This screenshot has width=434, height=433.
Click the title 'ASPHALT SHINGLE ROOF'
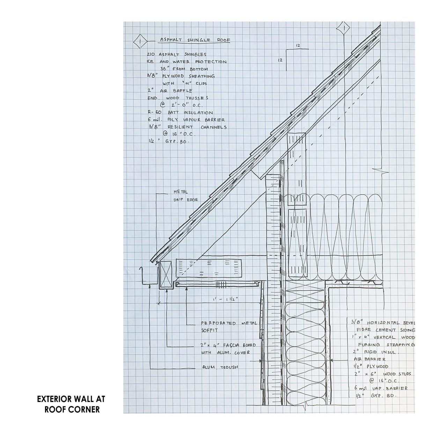[x=195, y=40]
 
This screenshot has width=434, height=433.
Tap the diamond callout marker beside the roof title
[x=139, y=42]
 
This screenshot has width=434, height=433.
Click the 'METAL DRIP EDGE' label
[x=185, y=196]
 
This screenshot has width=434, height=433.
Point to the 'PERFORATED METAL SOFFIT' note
[x=229, y=326]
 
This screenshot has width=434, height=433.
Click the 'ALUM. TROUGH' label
[x=220, y=367]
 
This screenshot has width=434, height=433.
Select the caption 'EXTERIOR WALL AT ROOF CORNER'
[x=71, y=404]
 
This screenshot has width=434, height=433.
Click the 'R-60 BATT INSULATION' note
[x=180, y=112]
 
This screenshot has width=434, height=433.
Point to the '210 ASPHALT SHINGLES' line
[x=177, y=54]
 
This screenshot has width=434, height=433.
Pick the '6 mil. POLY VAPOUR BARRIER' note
[x=186, y=120]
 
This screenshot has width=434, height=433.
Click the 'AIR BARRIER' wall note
[x=369, y=359]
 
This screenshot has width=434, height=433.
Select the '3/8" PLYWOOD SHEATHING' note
[x=181, y=76]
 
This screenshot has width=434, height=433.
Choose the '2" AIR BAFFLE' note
[x=170, y=91]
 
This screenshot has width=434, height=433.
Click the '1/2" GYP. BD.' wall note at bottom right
[x=375, y=396]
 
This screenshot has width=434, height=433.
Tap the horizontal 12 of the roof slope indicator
[x=298, y=46]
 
